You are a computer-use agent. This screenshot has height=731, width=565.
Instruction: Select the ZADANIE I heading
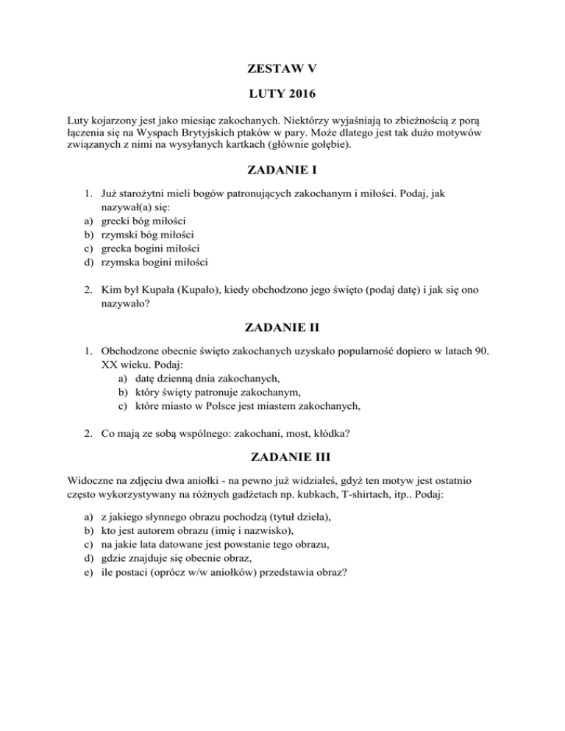click(282, 174)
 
